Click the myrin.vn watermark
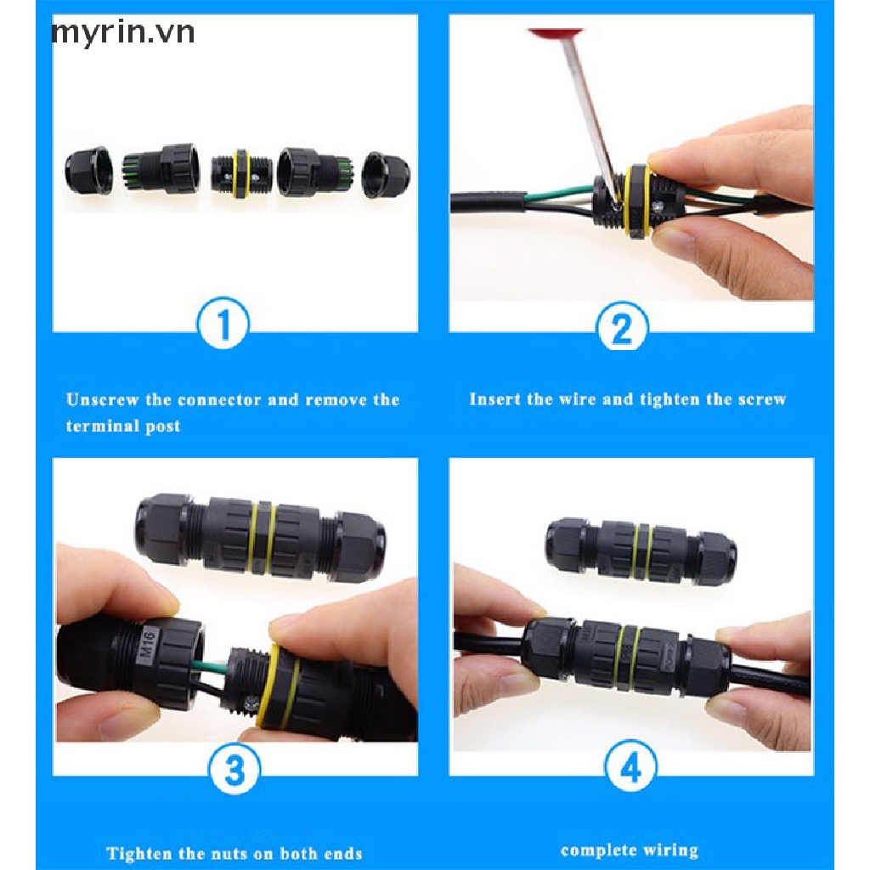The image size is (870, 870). [122, 33]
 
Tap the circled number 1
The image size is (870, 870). [223, 324]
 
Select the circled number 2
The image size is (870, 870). [622, 326]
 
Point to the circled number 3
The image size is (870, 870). [234, 769]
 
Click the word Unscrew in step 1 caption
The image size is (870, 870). [102, 399]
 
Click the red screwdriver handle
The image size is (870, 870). [546, 33]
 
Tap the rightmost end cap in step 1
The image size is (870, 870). [386, 175]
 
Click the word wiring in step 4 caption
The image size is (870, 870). [671, 850]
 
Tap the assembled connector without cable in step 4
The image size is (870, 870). [641, 551]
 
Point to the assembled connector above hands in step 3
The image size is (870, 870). [260, 537]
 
